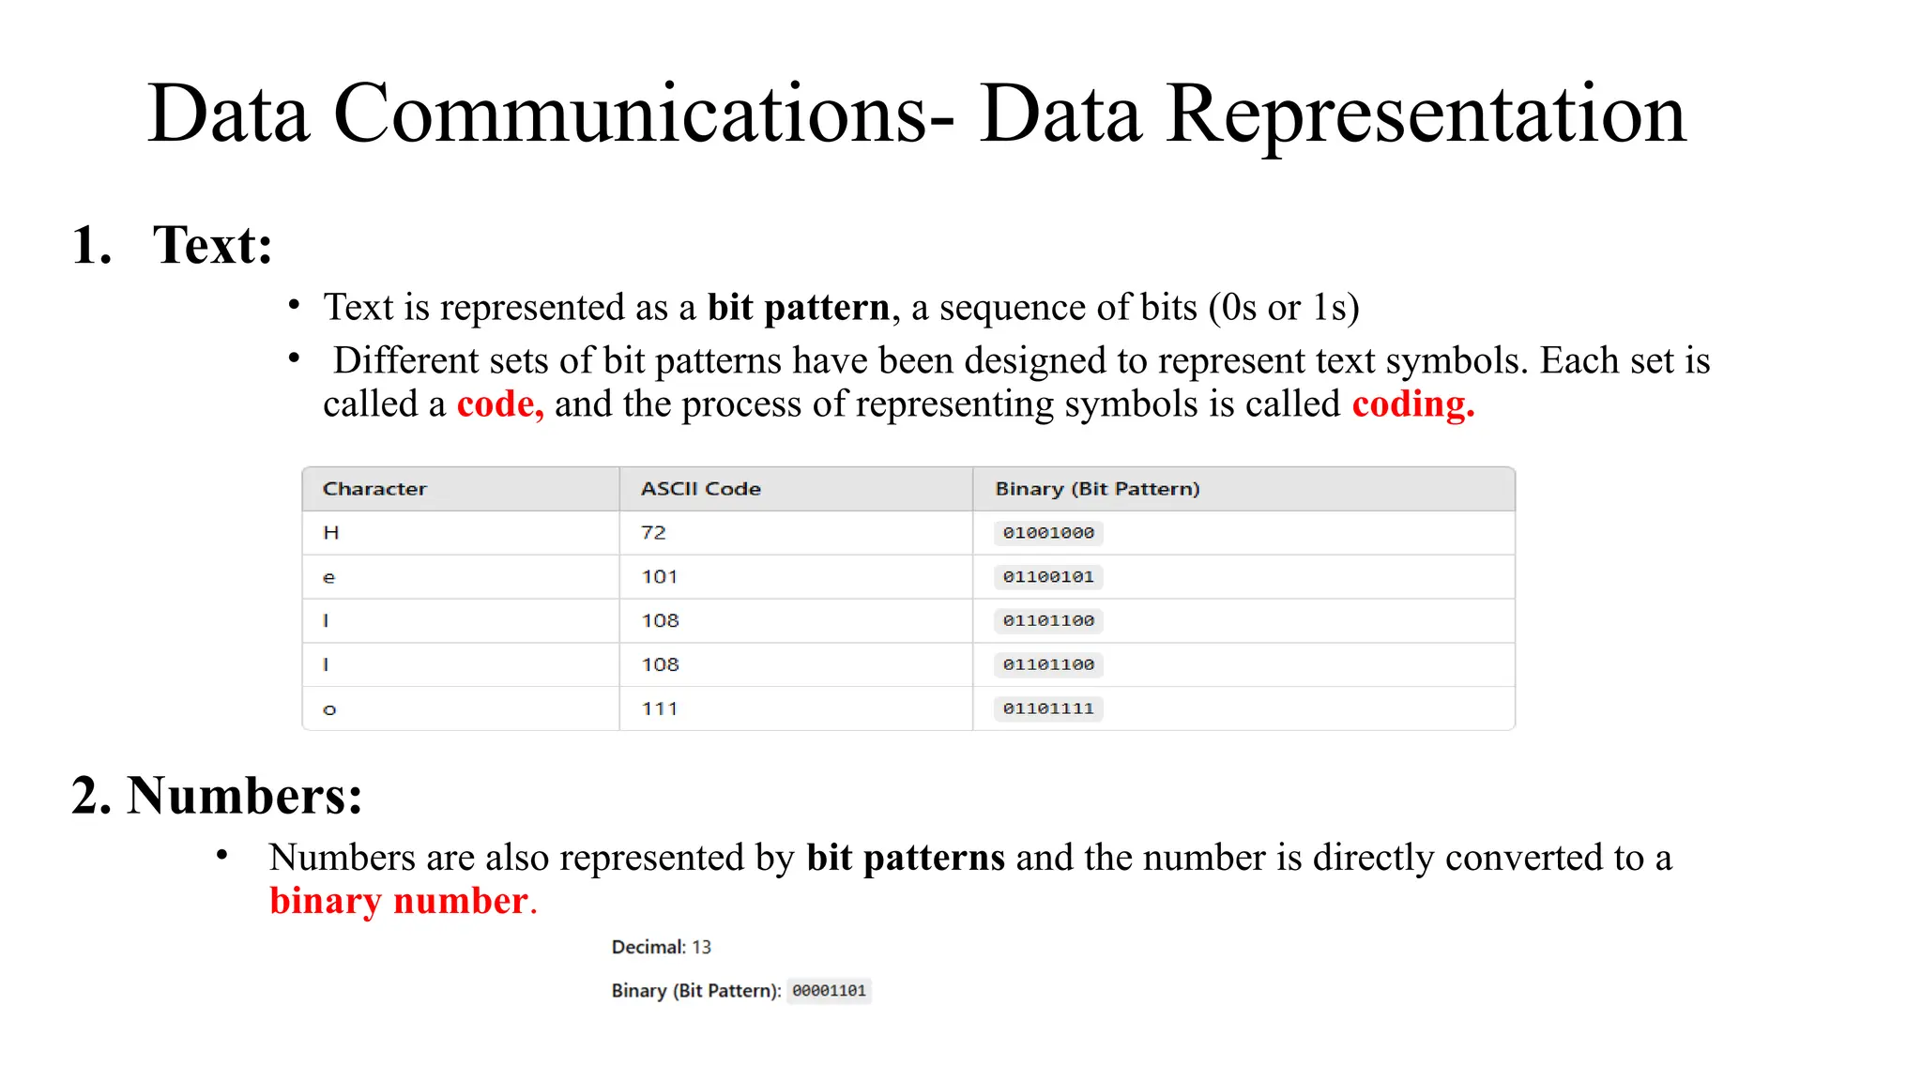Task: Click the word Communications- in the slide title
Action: (644, 114)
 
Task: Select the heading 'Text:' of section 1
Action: (213, 246)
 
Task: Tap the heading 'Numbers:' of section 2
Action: (245, 796)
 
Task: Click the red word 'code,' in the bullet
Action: (499, 404)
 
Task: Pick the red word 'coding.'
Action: (1412, 404)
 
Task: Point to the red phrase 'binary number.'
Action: (403, 901)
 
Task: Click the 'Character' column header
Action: (374, 489)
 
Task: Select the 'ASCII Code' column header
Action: (700, 489)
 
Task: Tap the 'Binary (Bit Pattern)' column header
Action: (1097, 489)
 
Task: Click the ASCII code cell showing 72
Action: (653, 533)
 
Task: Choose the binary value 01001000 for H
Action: (1048, 533)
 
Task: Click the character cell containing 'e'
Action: (328, 578)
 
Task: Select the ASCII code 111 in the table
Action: (659, 709)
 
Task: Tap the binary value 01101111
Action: (1048, 709)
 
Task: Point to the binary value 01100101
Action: (1048, 577)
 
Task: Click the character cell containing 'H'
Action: (330, 533)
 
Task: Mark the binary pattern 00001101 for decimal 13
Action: (829, 991)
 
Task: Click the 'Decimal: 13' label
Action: (661, 948)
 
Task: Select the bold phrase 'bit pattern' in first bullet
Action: (798, 308)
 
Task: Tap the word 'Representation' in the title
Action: (1426, 114)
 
